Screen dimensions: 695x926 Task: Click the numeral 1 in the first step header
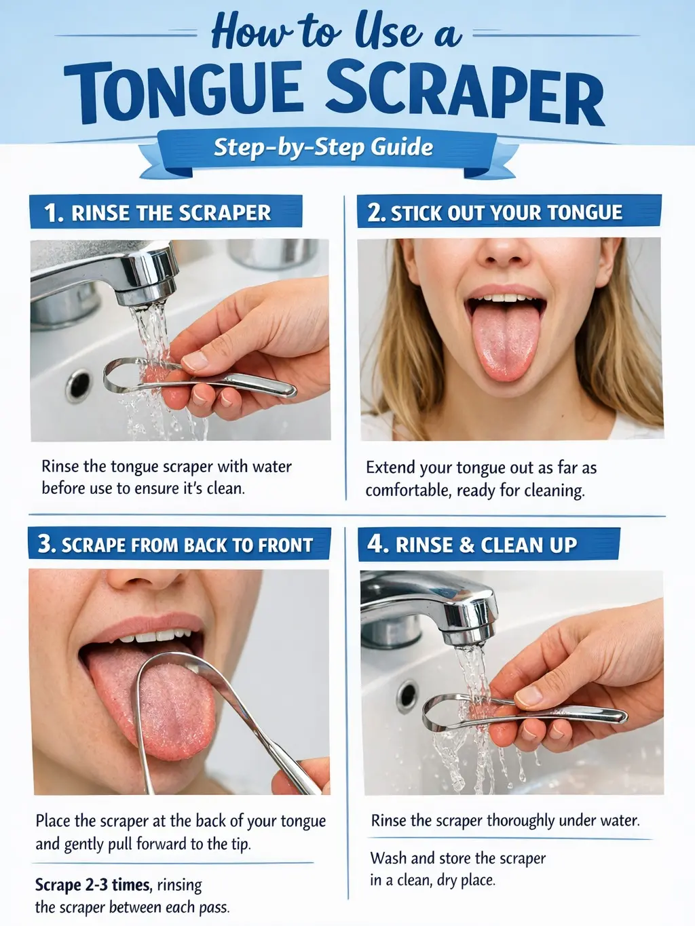[52, 212]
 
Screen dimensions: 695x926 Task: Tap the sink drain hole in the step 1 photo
[79, 385]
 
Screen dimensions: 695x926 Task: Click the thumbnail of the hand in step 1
[195, 361]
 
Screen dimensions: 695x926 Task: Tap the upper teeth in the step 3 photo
[156, 636]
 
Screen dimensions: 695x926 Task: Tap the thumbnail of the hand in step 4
[528, 696]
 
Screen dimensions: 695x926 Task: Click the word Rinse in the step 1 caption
[60, 467]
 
